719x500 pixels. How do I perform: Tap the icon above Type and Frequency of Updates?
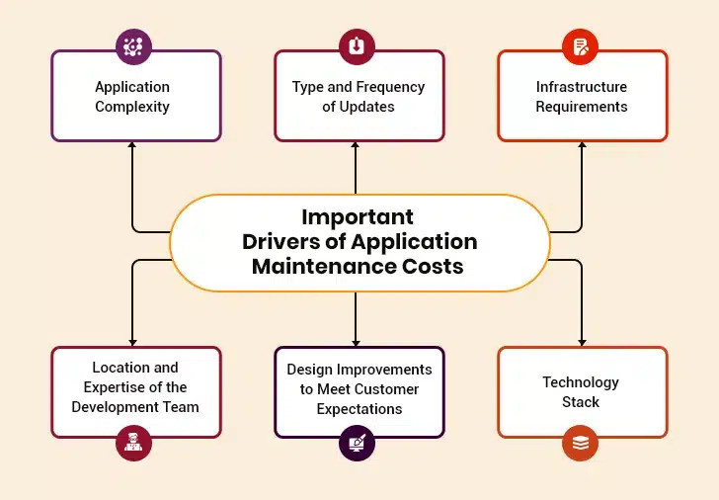(357, 46)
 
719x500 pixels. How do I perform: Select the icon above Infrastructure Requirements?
(581, 46)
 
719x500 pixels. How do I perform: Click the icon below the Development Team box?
(132, 444)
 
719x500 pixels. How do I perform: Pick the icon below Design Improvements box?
(357, 444)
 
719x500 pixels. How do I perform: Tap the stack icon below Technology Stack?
(581, 444)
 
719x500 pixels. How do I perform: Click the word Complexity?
(132, 107)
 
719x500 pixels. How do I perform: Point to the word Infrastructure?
(582, 87)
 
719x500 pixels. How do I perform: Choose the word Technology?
(581, 382)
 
